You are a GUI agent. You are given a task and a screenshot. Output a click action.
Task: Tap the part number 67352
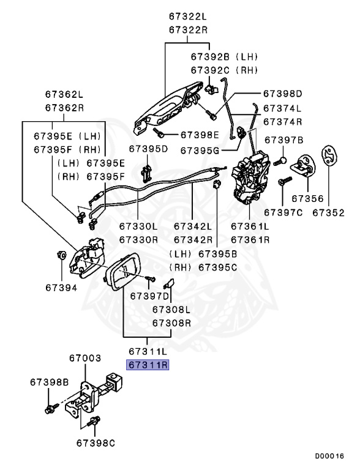click(x=328, y=213)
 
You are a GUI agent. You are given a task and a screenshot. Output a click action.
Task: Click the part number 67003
click(x=84, y=357)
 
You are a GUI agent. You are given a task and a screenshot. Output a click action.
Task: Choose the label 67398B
click(x=49, y=382)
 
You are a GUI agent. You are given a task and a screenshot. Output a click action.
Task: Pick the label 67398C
click(x=96, y=442)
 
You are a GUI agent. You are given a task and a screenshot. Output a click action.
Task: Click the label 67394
click(x=61, y=286)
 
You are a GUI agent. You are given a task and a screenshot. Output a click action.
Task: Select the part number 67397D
click(x=148, y=297)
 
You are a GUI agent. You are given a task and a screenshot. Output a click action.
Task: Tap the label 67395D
click(x=148, y=149)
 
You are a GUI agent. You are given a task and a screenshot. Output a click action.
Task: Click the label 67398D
click(x=283, y=94)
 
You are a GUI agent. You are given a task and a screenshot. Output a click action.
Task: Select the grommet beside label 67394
click(x=61, y=255)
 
